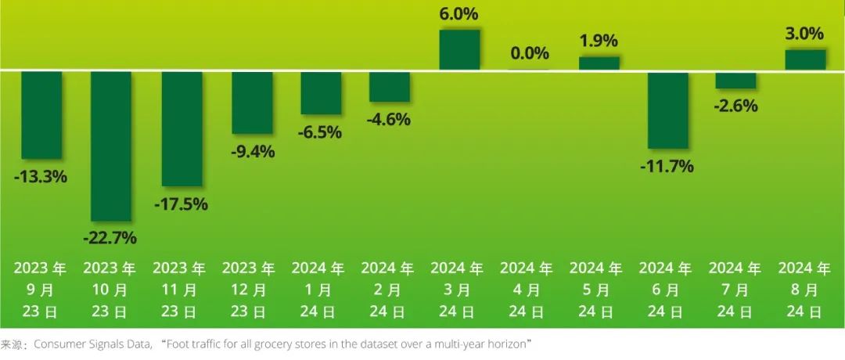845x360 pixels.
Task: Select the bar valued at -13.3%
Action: coord(41,115)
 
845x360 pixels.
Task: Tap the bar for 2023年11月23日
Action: coord(182,128)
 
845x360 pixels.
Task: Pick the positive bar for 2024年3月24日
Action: coord(460,50)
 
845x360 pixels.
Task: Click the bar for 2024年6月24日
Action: coord(668,110)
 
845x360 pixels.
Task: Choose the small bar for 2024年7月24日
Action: coord(736,80)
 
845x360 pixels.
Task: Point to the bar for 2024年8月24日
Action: coord(805,60)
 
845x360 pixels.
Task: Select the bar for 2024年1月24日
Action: coord(321,93)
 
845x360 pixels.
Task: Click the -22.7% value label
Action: coord(110,237)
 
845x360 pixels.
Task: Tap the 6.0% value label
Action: coord(459,14)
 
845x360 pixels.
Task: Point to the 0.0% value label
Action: coord(530,53)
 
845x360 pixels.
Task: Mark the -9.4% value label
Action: coord(250,152)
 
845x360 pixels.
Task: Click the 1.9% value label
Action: coord(599,41)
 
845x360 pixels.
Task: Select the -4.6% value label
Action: coord(389,120)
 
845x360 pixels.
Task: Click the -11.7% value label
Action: coord(668,167)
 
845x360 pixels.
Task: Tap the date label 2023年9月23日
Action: coord(40,290)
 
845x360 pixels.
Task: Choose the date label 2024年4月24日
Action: coord(527,290)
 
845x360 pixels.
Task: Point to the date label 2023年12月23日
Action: coord(249,290)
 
